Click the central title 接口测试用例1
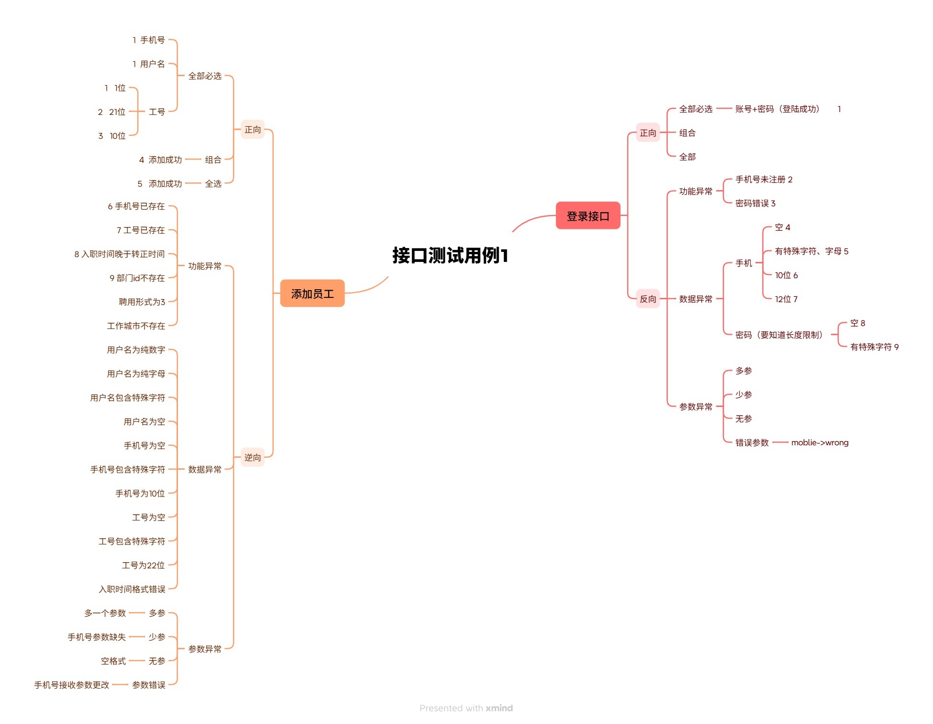450,255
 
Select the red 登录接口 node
588,216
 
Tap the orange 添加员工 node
312,294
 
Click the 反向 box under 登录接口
648,299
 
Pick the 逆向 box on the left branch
253,457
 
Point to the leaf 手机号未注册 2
764,180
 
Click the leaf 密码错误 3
755,204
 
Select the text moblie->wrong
820,442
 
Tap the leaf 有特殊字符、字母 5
811,251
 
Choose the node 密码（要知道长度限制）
779,335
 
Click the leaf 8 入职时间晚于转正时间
120,254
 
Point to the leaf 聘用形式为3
142,302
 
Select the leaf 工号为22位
143,566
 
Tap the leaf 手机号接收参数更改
72,685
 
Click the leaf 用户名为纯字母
136,374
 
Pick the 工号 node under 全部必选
157,112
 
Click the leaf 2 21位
111,112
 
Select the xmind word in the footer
499,708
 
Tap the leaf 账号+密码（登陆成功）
777,109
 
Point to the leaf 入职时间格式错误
132,589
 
